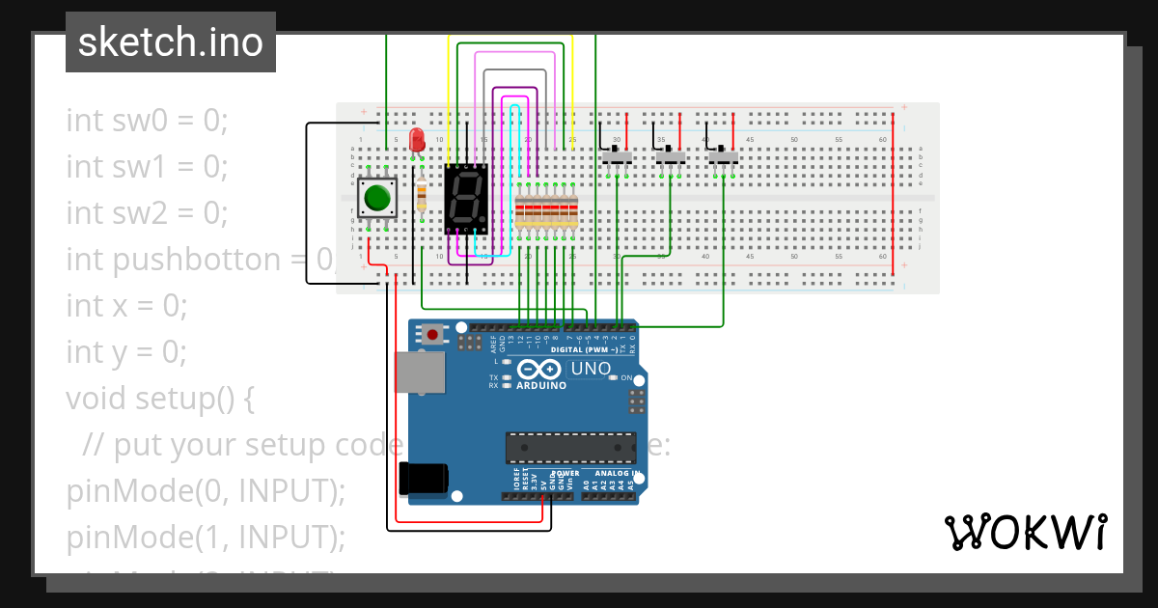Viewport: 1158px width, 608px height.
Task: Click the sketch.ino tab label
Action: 171,42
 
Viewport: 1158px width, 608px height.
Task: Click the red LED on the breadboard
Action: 417,141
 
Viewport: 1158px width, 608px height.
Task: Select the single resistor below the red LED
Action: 421,195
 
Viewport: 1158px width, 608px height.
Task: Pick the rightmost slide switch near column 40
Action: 723,156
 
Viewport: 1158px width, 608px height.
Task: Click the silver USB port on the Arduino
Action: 421,373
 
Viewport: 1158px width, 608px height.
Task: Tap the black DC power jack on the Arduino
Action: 423,479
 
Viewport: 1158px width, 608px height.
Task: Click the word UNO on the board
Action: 591,369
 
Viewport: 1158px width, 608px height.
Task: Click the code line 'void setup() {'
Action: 159,398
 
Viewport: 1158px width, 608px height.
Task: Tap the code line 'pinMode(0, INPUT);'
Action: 206,490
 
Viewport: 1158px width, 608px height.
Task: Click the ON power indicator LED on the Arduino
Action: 613,377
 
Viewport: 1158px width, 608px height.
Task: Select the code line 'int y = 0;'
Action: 126,351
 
